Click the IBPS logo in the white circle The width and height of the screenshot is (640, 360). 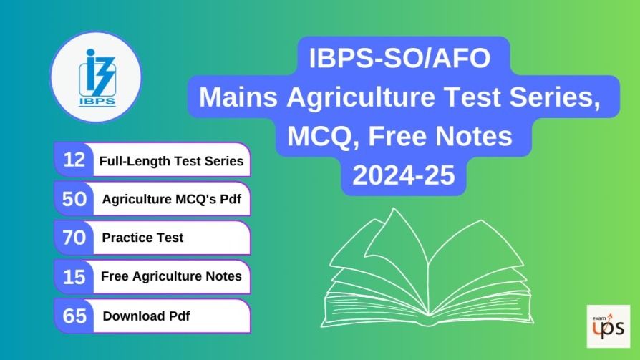point(97,77)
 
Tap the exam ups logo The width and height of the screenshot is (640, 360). point(609,326)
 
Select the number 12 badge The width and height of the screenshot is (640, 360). point(74,160)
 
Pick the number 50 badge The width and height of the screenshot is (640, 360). point(74,199)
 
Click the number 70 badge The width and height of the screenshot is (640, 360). point(74,238)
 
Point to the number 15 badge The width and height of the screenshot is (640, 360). point(74,277)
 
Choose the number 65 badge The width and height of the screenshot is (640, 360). point(74,316)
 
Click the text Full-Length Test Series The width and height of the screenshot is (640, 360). point(171,161)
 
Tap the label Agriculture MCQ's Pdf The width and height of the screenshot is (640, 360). point(171,199)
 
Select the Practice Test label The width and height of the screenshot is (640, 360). point(142,238)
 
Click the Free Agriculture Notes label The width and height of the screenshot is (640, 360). point(171,276)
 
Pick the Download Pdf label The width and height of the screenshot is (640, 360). point(146,316)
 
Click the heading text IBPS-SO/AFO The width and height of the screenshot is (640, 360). point(399,58)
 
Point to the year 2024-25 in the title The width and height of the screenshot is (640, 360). point(403,175)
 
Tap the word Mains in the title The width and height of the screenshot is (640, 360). point(238,97)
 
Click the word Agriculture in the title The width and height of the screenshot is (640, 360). point(361,98)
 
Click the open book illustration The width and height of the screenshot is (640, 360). point(427,268)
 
